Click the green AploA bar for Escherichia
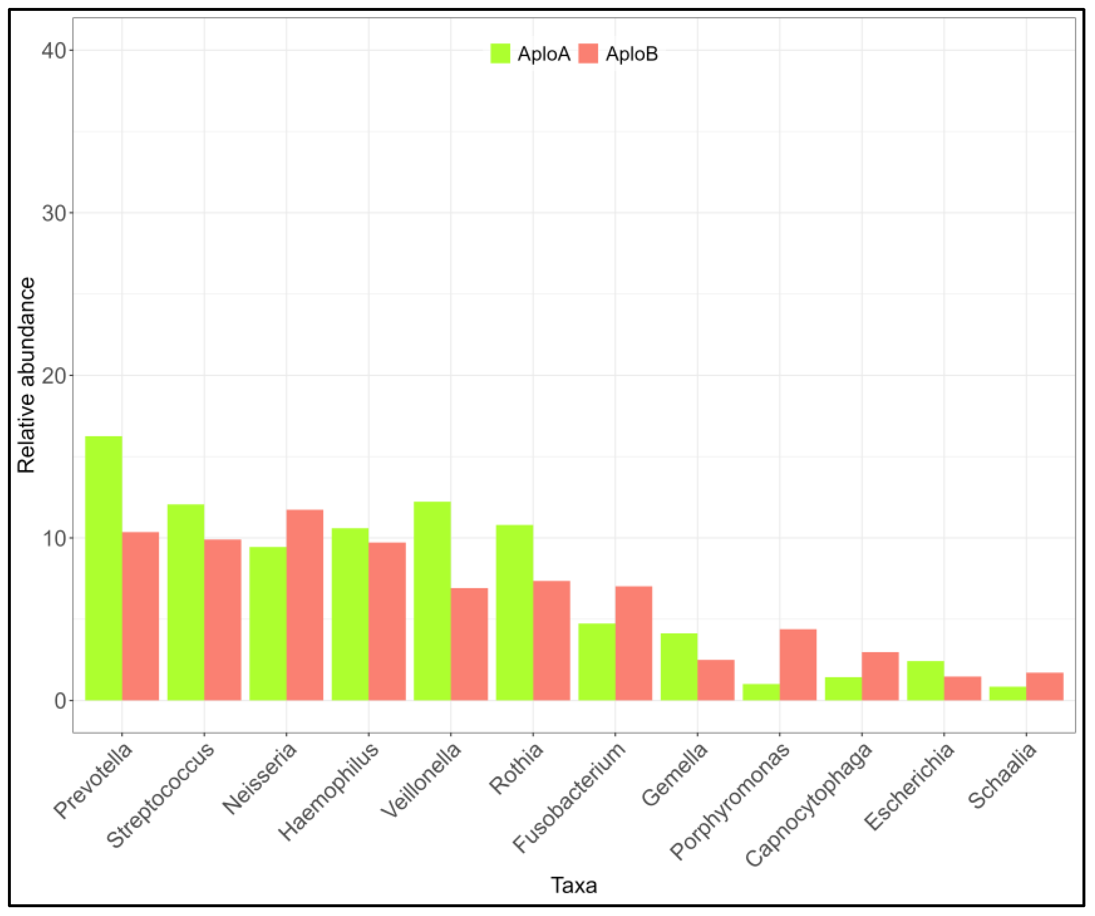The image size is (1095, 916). coord(925,680)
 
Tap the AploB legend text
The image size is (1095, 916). coord(631,54)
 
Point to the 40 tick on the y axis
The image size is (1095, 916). coord(54,51)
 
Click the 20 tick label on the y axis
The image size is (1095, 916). coord(54,376)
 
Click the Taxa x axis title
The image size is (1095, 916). coord(574,885)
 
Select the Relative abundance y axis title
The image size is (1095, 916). coord(26,375)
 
